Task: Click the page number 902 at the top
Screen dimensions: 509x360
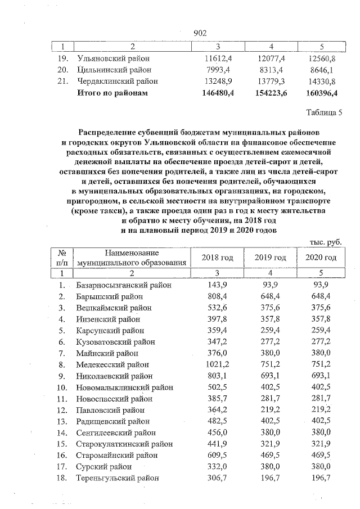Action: (x=200, y=33)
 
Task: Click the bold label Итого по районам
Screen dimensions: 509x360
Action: (x=112, y=93)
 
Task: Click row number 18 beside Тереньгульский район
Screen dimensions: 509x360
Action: (x=62, y=478)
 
